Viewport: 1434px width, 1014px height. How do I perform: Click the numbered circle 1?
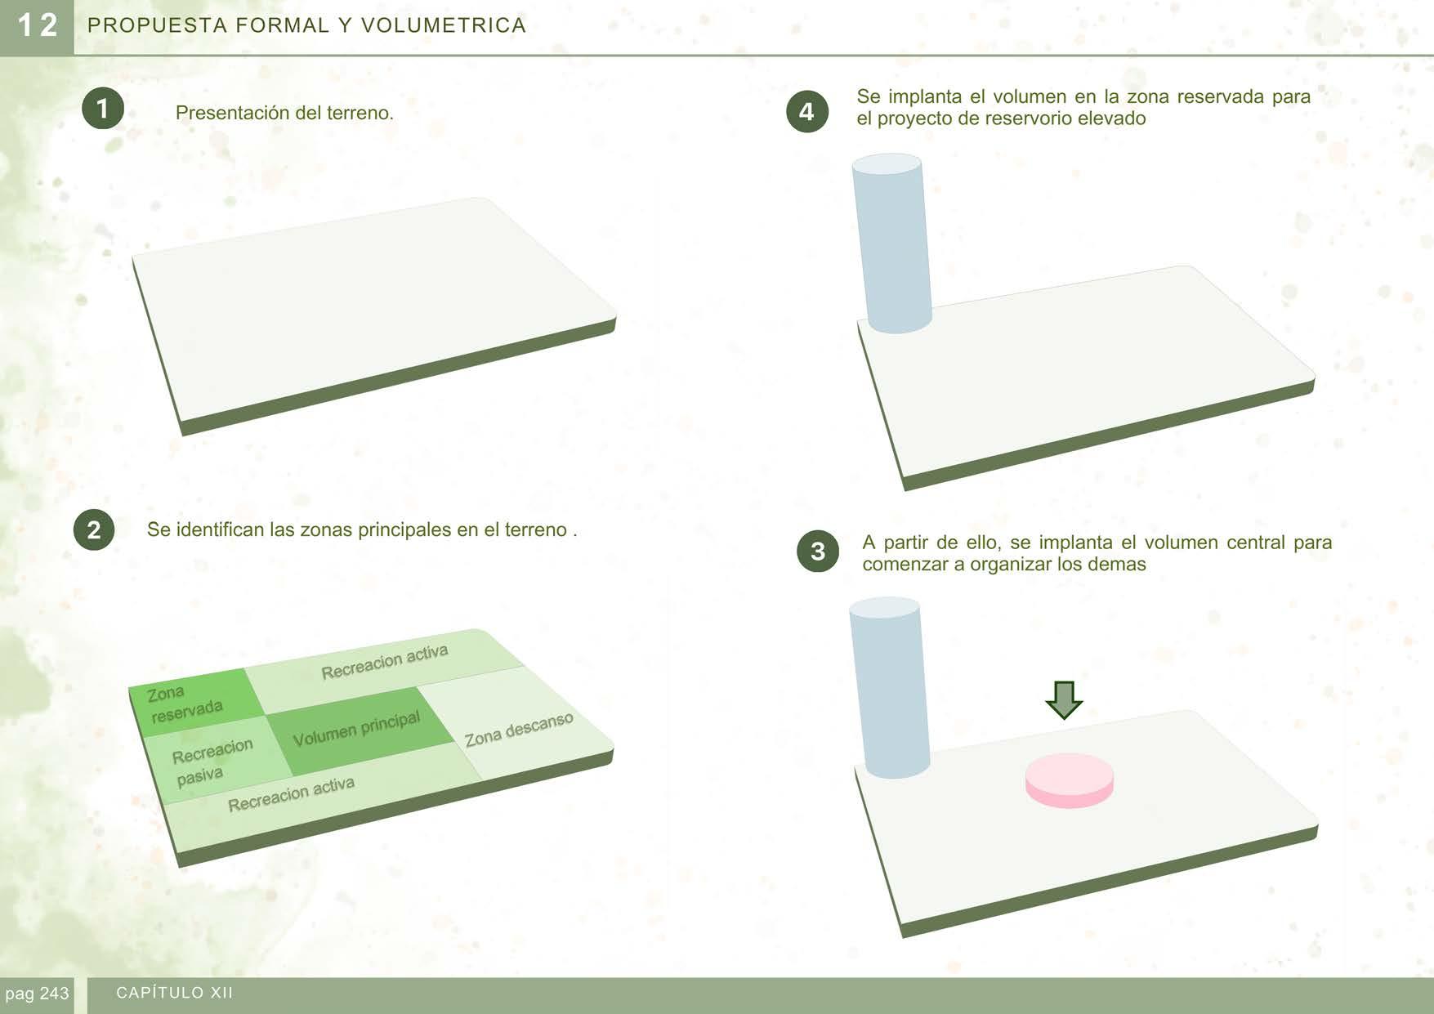tap(103, 109)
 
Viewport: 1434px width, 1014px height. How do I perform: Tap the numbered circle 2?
tap(94, 529)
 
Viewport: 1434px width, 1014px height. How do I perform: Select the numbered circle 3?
tap(818, 552)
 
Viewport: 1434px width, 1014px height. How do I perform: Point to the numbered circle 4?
tap(807, 112)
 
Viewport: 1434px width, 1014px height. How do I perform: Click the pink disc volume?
tap(1070, 780)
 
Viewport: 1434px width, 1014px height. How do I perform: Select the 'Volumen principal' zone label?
tap(356, 729)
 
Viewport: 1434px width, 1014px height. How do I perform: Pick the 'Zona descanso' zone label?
tap(519, 729)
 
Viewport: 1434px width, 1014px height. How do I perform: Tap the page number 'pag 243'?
tap(37, 994)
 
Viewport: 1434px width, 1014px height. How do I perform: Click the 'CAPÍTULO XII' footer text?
tap(175, 993)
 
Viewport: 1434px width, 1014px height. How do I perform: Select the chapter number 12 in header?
tap(37, 25)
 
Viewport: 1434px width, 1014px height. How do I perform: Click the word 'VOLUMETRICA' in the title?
tap(444, 25)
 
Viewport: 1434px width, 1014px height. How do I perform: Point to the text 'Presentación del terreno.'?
tap(284, 113)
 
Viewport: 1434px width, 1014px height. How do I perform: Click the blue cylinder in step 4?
tap(891, 243)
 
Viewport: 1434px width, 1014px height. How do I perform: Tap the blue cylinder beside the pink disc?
tap(889, 687)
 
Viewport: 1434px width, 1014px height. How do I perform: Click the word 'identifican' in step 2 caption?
tap(221, 529)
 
